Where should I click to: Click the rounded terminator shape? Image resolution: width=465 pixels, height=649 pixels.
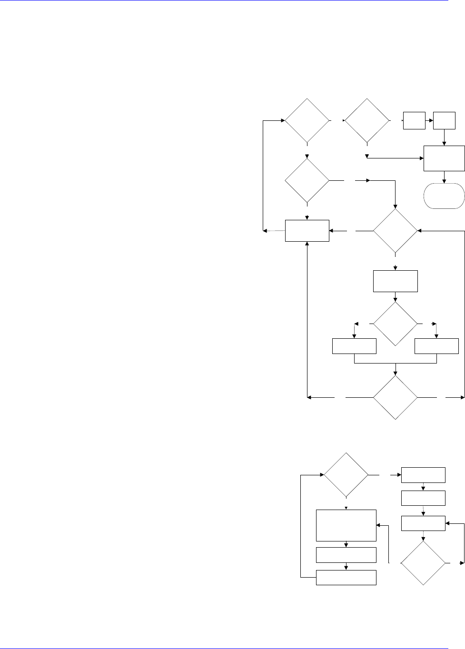[444, 196]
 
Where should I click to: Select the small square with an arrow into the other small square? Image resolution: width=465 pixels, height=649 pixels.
[414, 121]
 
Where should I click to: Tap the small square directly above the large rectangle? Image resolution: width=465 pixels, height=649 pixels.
[444, 121]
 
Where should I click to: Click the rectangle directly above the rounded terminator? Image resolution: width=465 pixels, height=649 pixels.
[444, 158]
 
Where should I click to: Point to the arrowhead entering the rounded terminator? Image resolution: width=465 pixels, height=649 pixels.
[444, 181]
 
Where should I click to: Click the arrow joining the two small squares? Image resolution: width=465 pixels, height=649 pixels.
[429, 121]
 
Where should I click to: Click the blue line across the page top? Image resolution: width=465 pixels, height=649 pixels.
[224, 1]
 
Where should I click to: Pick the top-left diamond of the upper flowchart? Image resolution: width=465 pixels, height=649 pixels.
[307, 121]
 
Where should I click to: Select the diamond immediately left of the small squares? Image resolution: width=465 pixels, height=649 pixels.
[367, 121]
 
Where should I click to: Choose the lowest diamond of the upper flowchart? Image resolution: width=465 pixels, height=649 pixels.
[396, 397]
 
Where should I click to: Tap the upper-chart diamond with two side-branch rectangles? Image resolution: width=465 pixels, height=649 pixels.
[396, 324]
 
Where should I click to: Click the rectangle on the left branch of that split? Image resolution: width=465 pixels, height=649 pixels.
[354, 346]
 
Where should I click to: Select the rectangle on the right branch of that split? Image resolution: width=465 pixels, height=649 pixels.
[436, 346]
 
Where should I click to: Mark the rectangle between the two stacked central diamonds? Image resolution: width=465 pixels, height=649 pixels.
[396, 281]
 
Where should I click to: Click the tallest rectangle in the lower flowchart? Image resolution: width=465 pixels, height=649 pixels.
[346, 525]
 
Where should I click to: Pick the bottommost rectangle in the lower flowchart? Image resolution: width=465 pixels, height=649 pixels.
[346, 577]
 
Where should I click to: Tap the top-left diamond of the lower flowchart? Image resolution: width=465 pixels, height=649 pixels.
[346, 475]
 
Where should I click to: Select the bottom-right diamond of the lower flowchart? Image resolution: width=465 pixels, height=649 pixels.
[423, 563]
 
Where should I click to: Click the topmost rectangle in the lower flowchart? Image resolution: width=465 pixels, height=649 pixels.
[424, 475]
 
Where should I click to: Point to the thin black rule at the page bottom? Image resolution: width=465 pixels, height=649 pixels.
[224, 648]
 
